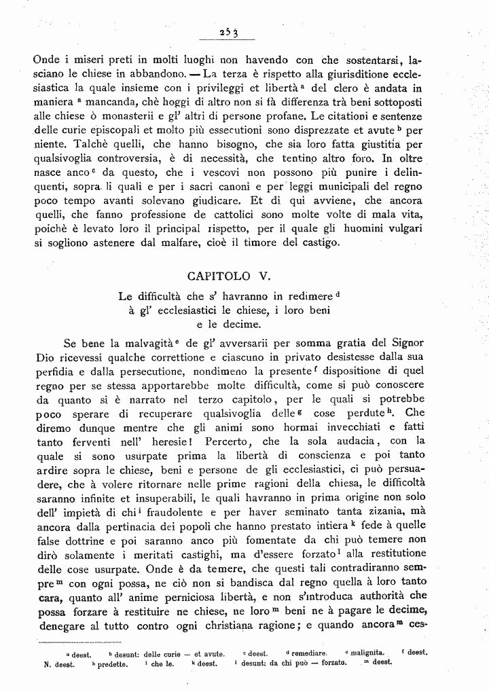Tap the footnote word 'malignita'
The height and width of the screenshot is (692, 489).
coord(367,652)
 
